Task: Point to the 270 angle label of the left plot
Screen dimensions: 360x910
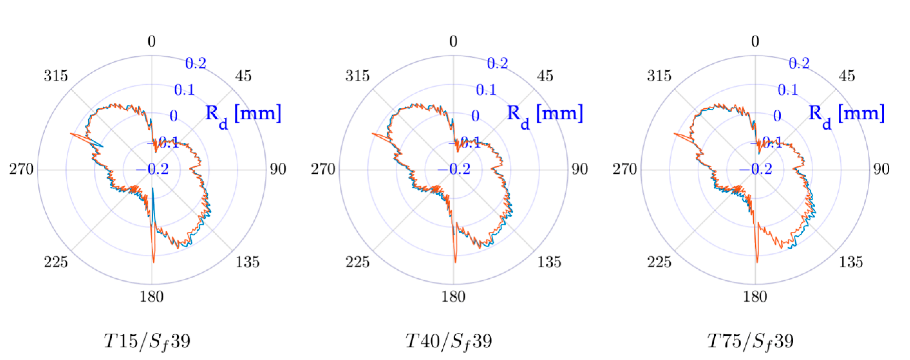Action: tap(21, 169)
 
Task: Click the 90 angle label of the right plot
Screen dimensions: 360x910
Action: tap(881, 169)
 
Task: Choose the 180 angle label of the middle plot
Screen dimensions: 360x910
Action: tap(453, 296)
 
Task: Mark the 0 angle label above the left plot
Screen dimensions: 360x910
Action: tap(151, 42)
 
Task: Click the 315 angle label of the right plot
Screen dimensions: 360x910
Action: tap(659, 76)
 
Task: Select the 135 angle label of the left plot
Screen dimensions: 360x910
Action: tap(247, 262)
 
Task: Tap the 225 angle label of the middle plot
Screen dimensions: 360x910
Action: tap(357, 262)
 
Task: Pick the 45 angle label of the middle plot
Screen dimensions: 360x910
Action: tap(545, 76)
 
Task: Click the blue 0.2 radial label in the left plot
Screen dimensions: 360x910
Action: tap(195, 64)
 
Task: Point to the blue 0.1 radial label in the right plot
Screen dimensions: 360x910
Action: tap(788, 90)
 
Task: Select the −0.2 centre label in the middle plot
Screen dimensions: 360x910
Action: tap(454, 169)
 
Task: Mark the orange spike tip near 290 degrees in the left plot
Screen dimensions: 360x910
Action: tap(71, 133)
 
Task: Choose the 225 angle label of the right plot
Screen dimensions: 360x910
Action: tap(659, 262)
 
